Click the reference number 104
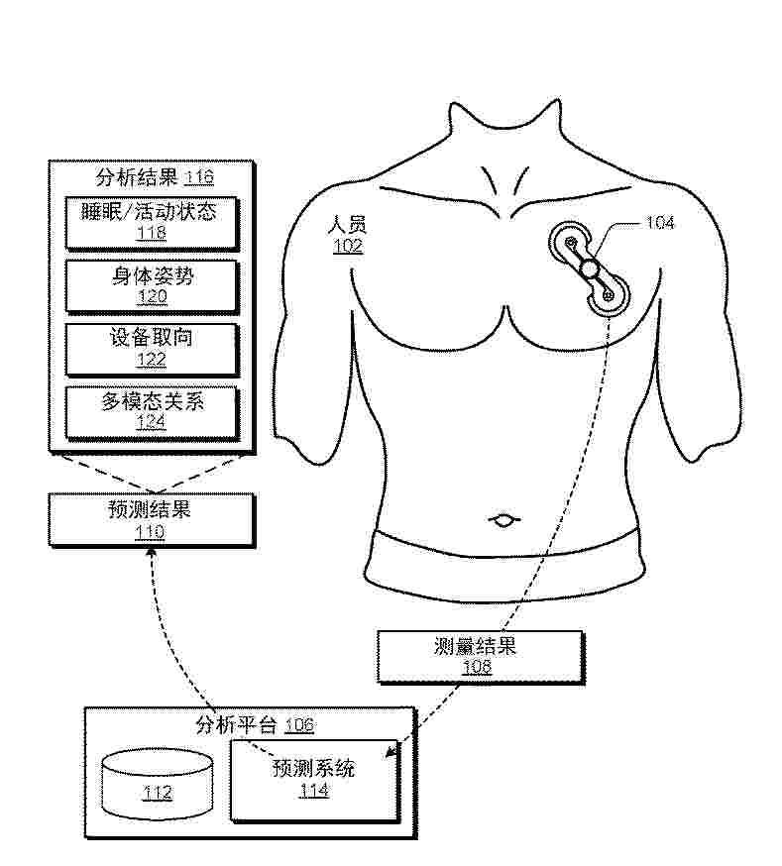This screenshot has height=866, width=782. point(660,223)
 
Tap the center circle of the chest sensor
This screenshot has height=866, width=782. point(590,269)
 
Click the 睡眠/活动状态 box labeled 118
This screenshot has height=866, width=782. point(152,223)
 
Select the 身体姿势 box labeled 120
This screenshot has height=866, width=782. point(152,286)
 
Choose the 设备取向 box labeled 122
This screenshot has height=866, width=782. point(152,349)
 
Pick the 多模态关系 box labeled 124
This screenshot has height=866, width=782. point(152,412)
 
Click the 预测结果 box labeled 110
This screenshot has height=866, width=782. point(152,520)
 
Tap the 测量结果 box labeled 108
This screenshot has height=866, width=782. point(480,657)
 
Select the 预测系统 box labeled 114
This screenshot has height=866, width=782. point(314,780)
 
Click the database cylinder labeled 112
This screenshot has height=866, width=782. point(158,783)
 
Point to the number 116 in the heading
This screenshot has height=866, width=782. point(199,177)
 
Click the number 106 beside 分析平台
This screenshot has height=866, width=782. point(299,724)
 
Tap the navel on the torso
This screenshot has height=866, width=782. point(503,519)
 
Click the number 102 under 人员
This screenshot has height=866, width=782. point(347,245)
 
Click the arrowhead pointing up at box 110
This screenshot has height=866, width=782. point(152,552)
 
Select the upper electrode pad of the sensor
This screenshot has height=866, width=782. point(570,242)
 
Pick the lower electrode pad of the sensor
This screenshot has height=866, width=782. point(609,295)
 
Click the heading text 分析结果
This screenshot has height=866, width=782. point(137,177)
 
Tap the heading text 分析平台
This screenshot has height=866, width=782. point(237,724)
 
